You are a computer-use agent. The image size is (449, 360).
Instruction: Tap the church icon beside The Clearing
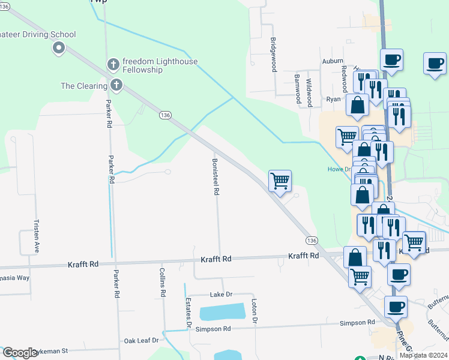[115, 86]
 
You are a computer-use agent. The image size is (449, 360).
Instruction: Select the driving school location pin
[58, 47]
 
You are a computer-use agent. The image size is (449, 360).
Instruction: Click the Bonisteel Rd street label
[215, 176]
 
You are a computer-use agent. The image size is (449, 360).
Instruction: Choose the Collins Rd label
[162, 283]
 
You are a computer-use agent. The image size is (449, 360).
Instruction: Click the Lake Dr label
[220, 295]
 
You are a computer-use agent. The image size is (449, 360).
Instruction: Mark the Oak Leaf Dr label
[141, 340]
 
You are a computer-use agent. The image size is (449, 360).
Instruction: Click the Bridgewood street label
[273, 55]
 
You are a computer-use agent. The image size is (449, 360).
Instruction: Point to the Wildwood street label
[309, 92]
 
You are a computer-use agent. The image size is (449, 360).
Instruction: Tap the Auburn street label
[333, 61]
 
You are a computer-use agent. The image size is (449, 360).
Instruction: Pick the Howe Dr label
[339, 169]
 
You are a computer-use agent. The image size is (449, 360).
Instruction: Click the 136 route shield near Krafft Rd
[311, 240]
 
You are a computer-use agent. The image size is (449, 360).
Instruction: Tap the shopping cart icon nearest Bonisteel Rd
[280, 181]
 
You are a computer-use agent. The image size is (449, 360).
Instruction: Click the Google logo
[20, 353]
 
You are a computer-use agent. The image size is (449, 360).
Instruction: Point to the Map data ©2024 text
[423, 355]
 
